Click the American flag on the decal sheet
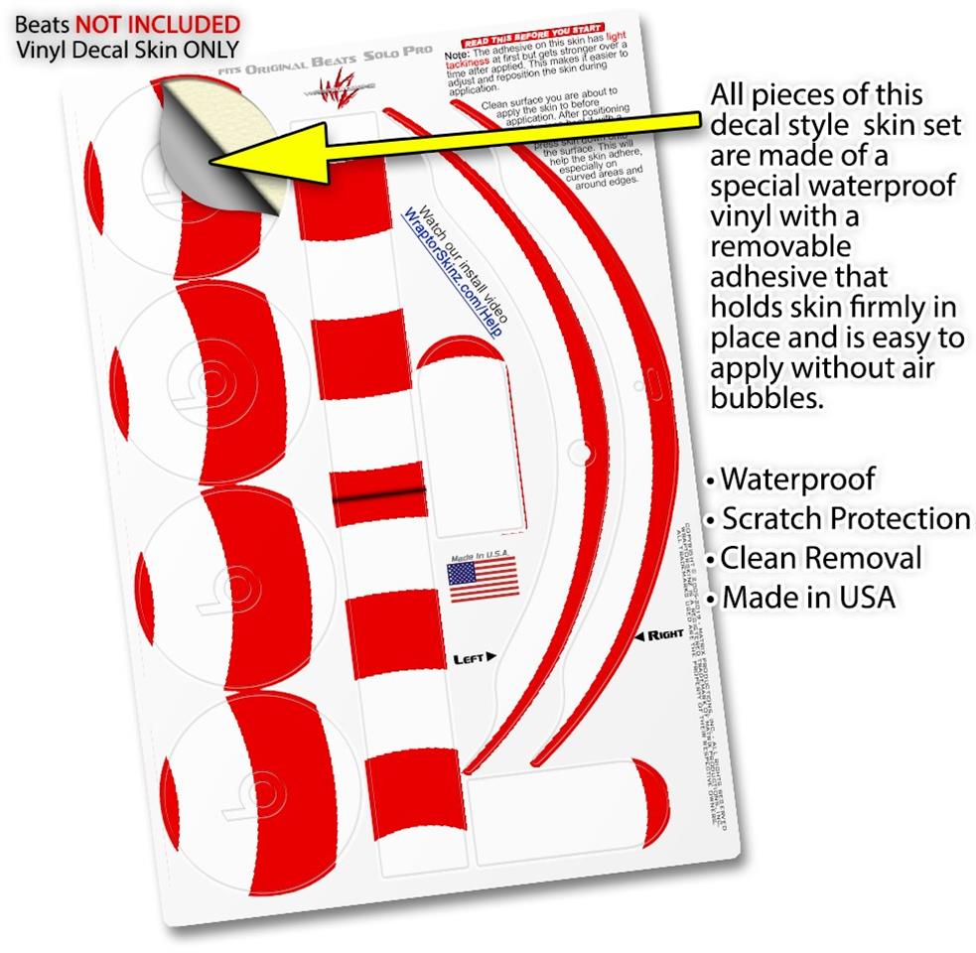(x=483, y=579)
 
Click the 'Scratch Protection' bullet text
(x=845, y=519)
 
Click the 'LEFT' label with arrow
(x=474, y=657)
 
